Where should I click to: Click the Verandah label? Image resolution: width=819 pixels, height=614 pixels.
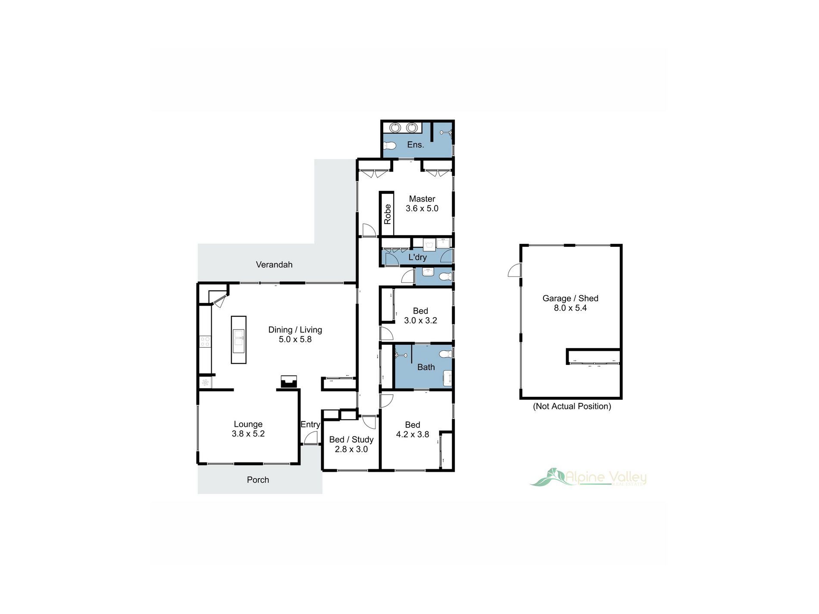click(274, 265)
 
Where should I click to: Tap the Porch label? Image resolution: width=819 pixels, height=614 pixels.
click(258, 480)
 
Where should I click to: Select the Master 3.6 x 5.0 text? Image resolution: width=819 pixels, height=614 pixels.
click(422, 204)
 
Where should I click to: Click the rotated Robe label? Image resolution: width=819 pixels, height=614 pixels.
click(387, 214)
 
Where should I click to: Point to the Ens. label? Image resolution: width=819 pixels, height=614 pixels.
click(416, 145)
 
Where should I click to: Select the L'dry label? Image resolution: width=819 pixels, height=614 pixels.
click(417, 257)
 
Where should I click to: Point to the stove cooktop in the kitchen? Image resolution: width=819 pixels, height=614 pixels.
click(205, 342)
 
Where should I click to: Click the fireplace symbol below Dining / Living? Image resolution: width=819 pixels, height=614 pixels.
click(289, 382)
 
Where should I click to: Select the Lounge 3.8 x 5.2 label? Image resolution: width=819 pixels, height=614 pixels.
click(248, 429)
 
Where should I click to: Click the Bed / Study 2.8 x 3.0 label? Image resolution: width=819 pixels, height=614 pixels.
click(351, 444)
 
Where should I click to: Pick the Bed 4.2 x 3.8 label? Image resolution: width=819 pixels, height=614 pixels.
click(413, 430)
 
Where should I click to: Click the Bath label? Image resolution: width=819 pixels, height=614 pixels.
click(426, 367)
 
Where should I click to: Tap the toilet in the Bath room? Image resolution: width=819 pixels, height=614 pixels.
click(446, 354)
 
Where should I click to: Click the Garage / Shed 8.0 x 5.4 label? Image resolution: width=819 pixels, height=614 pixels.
click(570, 303)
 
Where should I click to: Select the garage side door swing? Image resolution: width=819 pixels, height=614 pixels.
click(515, 270)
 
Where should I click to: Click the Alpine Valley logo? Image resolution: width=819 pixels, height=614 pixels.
click(589, 477)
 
